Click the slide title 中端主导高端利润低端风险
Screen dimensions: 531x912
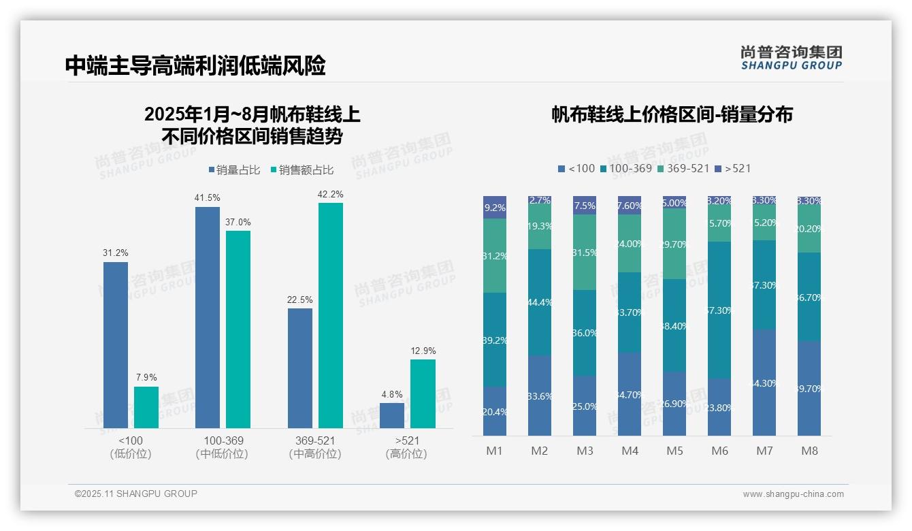(195, 66)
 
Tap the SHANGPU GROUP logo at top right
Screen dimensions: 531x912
(791, 57)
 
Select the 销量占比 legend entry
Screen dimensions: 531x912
(234, 170)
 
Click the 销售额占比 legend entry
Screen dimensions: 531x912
(302, 170)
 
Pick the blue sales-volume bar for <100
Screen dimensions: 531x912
(116, 344)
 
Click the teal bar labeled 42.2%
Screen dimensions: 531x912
(330, 315)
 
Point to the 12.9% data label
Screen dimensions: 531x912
(423, 351)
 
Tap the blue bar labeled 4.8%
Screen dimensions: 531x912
(392, 415)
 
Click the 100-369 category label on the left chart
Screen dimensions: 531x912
(222, 440)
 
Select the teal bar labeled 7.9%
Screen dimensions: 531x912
(146, 407)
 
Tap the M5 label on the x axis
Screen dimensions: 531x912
(674, 451)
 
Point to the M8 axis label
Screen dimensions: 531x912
(809, 451)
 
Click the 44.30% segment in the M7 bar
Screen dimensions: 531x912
(764, 383)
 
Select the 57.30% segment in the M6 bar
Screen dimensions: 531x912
(719, 310)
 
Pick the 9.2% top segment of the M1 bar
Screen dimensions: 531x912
(495, 208)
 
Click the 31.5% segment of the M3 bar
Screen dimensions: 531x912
(585, 253)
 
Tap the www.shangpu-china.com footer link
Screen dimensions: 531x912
(793, 494)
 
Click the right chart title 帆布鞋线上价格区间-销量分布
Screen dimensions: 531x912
(672, 115)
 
